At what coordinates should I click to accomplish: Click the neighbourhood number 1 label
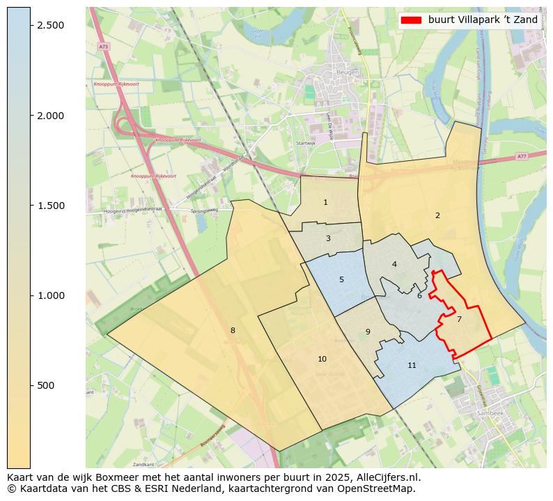[x=325, y=202]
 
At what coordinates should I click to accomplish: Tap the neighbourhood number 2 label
[x=437, y=215]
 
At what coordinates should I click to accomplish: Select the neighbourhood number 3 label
[x=328, y=238]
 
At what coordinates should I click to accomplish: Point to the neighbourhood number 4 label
[x=394, y=264]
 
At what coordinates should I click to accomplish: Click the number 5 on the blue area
[x=341, y=279]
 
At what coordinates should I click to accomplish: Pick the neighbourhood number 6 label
[x=419, y=295]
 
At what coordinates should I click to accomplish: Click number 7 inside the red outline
[x=459, y=319]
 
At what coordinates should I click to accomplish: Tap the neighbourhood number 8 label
[x=233, y=330]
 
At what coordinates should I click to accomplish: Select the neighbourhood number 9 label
[x=368, y=332]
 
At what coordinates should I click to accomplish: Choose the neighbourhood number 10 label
[x=322, y=359]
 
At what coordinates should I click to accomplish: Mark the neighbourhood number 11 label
[x=412, y=365]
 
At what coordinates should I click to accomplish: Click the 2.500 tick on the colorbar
[x=50, y=25]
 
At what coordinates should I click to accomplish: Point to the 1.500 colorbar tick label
[x=50, y=206]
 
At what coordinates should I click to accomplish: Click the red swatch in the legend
[x=411, y=20]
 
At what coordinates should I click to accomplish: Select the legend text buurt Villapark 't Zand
[x=483, y=20]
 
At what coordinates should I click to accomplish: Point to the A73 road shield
[x=103, y=46]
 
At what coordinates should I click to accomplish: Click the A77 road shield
[x=522, y=157]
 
